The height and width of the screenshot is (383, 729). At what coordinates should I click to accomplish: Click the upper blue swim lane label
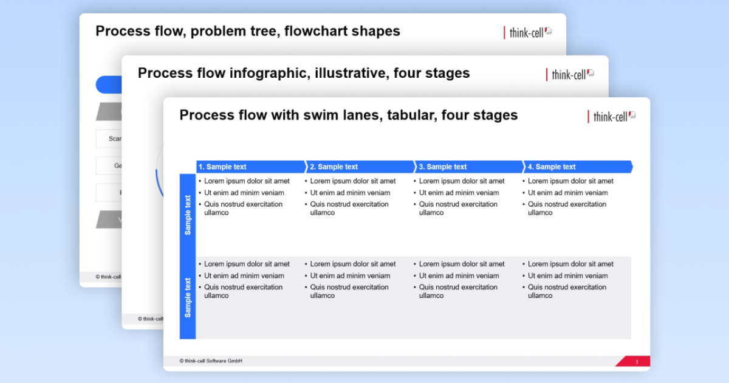pos(188,215)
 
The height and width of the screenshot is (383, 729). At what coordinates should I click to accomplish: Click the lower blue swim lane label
pos(188,298)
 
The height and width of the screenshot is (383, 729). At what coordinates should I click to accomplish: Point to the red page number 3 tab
pos(635,362)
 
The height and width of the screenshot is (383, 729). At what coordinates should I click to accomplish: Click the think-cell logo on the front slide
pos(611,116)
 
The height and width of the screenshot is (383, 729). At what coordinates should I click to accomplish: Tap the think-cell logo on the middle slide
pos(569,74)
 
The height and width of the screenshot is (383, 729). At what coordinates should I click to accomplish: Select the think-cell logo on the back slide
pos(527,32)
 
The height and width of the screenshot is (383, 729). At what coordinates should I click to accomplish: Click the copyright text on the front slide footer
pos(211,361)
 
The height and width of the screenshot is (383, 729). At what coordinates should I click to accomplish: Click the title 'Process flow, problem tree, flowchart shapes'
pos(248,31)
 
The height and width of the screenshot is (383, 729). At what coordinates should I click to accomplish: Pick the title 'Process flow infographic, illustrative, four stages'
pos(304,73)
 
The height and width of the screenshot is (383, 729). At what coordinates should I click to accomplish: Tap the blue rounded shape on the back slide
pos(108,85)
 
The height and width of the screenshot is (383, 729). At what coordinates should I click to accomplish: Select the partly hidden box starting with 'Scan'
pos(109,139)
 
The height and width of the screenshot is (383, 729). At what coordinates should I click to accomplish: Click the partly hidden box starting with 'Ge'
pos(109,165)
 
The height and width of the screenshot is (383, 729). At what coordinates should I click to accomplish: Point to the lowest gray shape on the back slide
pos(109,219)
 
